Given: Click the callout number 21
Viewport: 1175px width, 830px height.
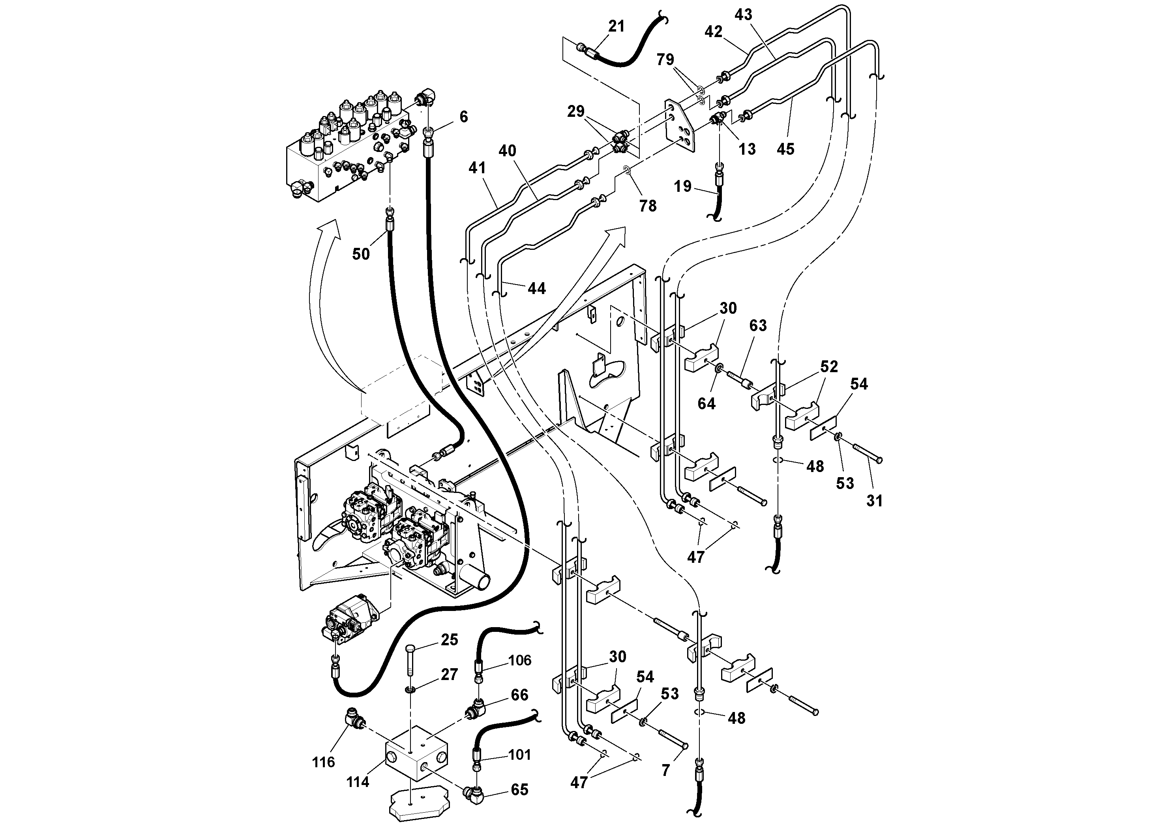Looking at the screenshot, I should click(x=616, y=26).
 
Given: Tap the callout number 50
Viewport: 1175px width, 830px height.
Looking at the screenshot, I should click(x=361, y=254).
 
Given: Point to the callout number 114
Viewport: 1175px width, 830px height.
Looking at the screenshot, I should click(x=357, y=781).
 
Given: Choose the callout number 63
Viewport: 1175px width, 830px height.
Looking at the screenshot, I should click(x=758, y=326).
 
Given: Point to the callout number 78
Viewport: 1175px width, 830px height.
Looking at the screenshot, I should click(x=648, y=206).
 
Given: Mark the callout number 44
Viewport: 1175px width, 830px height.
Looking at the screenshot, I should click(x=536, y=289).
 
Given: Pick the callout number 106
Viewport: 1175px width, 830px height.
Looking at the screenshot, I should click(x=520, y=660).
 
